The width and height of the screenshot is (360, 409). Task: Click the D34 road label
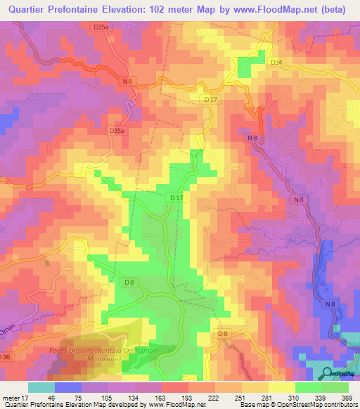tap(276, 63)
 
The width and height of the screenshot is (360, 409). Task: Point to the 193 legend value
tap(176, 398)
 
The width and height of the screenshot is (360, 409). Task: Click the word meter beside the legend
tap(11, 398)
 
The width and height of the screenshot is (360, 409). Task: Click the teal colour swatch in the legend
tap(41, 387)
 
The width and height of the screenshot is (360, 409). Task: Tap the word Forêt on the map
tap(59, 349)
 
